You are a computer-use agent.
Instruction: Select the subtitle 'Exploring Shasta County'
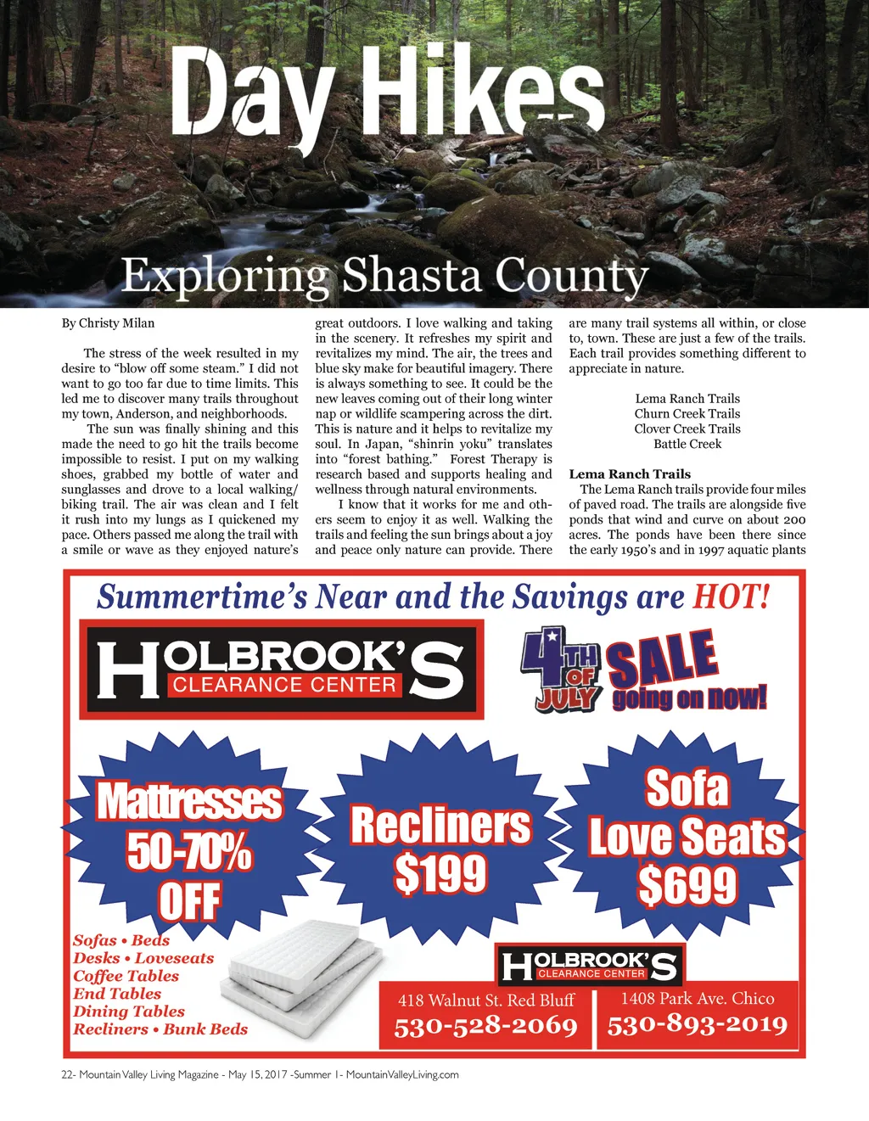coord(384,275)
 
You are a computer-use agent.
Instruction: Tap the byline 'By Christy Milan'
coord(108,323)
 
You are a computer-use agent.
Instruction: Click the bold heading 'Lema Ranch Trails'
coord(630,474)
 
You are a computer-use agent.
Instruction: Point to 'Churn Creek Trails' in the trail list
coord(687,414)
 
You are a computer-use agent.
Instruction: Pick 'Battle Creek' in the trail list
coord(687,444)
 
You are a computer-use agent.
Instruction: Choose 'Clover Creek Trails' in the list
coord(687,429)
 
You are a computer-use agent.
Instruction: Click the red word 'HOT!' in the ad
coord(732,597)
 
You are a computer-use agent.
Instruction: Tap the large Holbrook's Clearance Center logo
coord(281,669)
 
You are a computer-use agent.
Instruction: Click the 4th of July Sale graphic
coord(643,670)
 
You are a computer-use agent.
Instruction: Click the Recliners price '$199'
coord(440,874)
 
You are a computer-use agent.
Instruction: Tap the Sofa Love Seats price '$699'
coord(687,886)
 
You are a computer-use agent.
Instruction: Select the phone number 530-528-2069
coord(485,1027)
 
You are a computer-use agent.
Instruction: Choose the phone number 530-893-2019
coord(698,1025)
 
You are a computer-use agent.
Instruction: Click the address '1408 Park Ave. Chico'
coord(698,999)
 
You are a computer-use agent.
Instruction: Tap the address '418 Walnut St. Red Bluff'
coord(486,1000)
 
